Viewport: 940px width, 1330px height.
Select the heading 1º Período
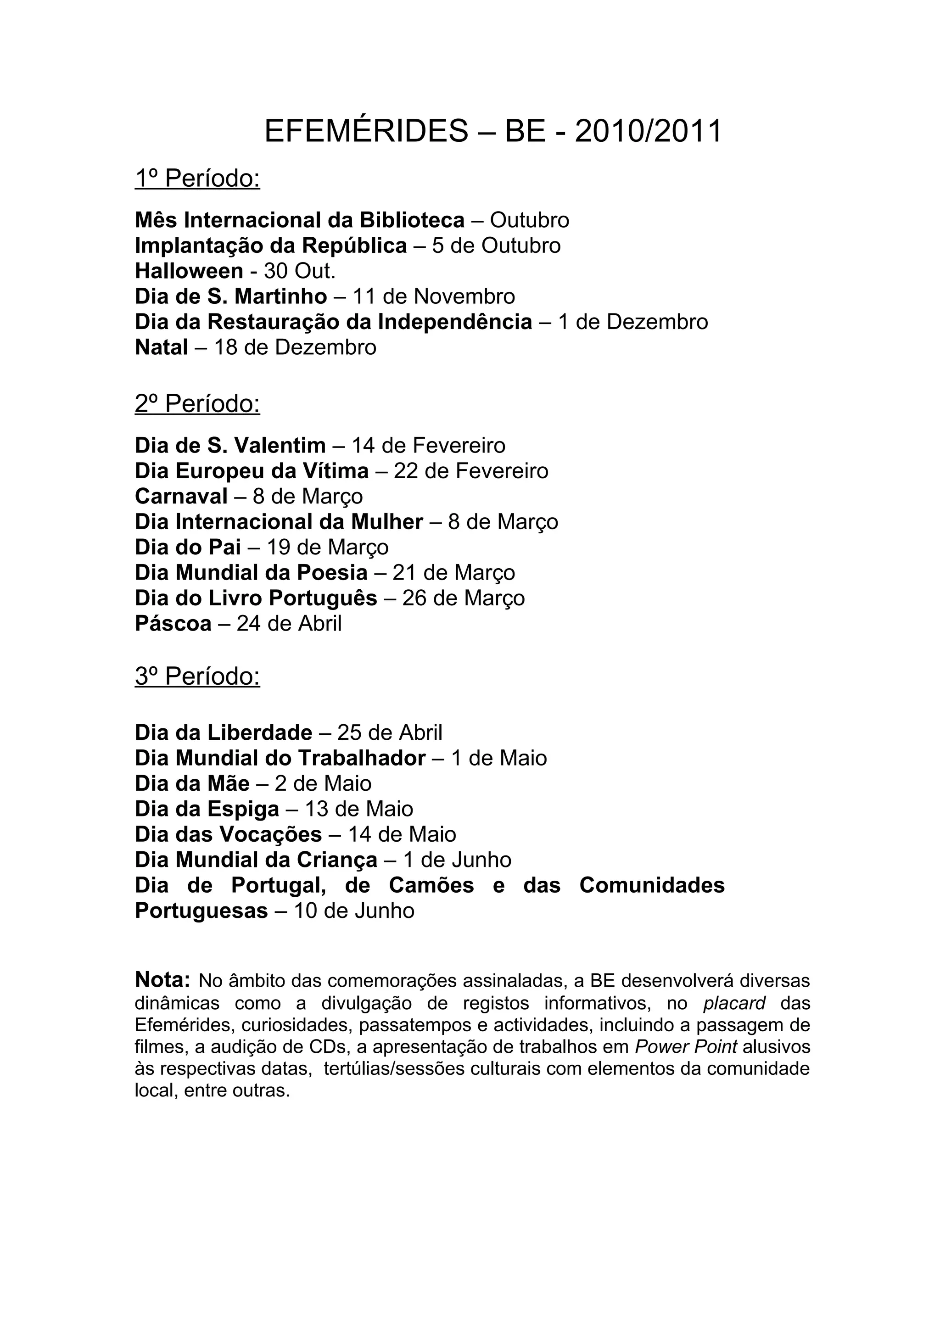tap(197, 179)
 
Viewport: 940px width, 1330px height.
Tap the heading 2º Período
tap(197, 404)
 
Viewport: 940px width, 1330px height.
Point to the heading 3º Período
tap(197, 676)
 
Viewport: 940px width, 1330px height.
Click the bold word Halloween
tap(189, 271)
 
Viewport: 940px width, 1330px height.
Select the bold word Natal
tap(162, 347)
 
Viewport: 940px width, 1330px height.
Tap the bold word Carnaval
tap(181, 497)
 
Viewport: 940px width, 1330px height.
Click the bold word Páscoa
tap(173, 624)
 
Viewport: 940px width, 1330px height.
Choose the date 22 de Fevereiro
tap(471, 471)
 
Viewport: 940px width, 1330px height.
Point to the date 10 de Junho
tap(354, 911)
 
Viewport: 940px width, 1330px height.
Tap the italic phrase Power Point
tap(686, 1047)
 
